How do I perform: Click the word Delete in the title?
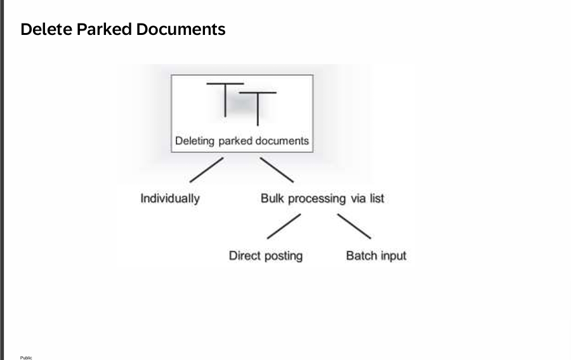point(46,29)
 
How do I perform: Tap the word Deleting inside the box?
point(195,141)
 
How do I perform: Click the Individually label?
point(170,199)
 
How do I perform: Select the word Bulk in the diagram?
point(273,199)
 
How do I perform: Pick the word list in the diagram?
point(377,199)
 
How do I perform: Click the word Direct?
point(245,256)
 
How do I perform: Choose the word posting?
point(283,257)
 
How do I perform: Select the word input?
point(393,257)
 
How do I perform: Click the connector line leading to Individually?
point(206,170)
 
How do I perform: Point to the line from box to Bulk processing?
point(277,170)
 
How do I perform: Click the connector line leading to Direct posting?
point(283,227)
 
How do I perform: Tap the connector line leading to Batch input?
point(354,227)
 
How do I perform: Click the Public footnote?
point(26,357)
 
